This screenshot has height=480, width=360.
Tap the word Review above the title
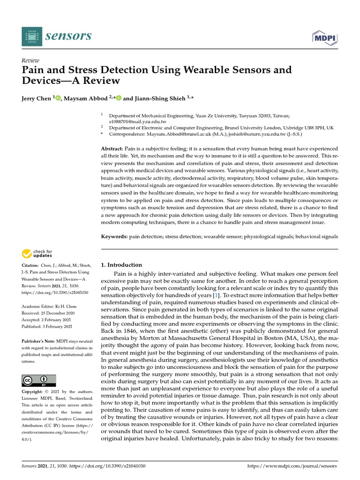(30, 60)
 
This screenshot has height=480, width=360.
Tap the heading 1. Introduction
(121, 265)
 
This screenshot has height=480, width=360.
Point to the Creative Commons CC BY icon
(39, 380)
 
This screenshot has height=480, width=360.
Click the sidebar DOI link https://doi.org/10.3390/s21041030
(55, 292)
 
